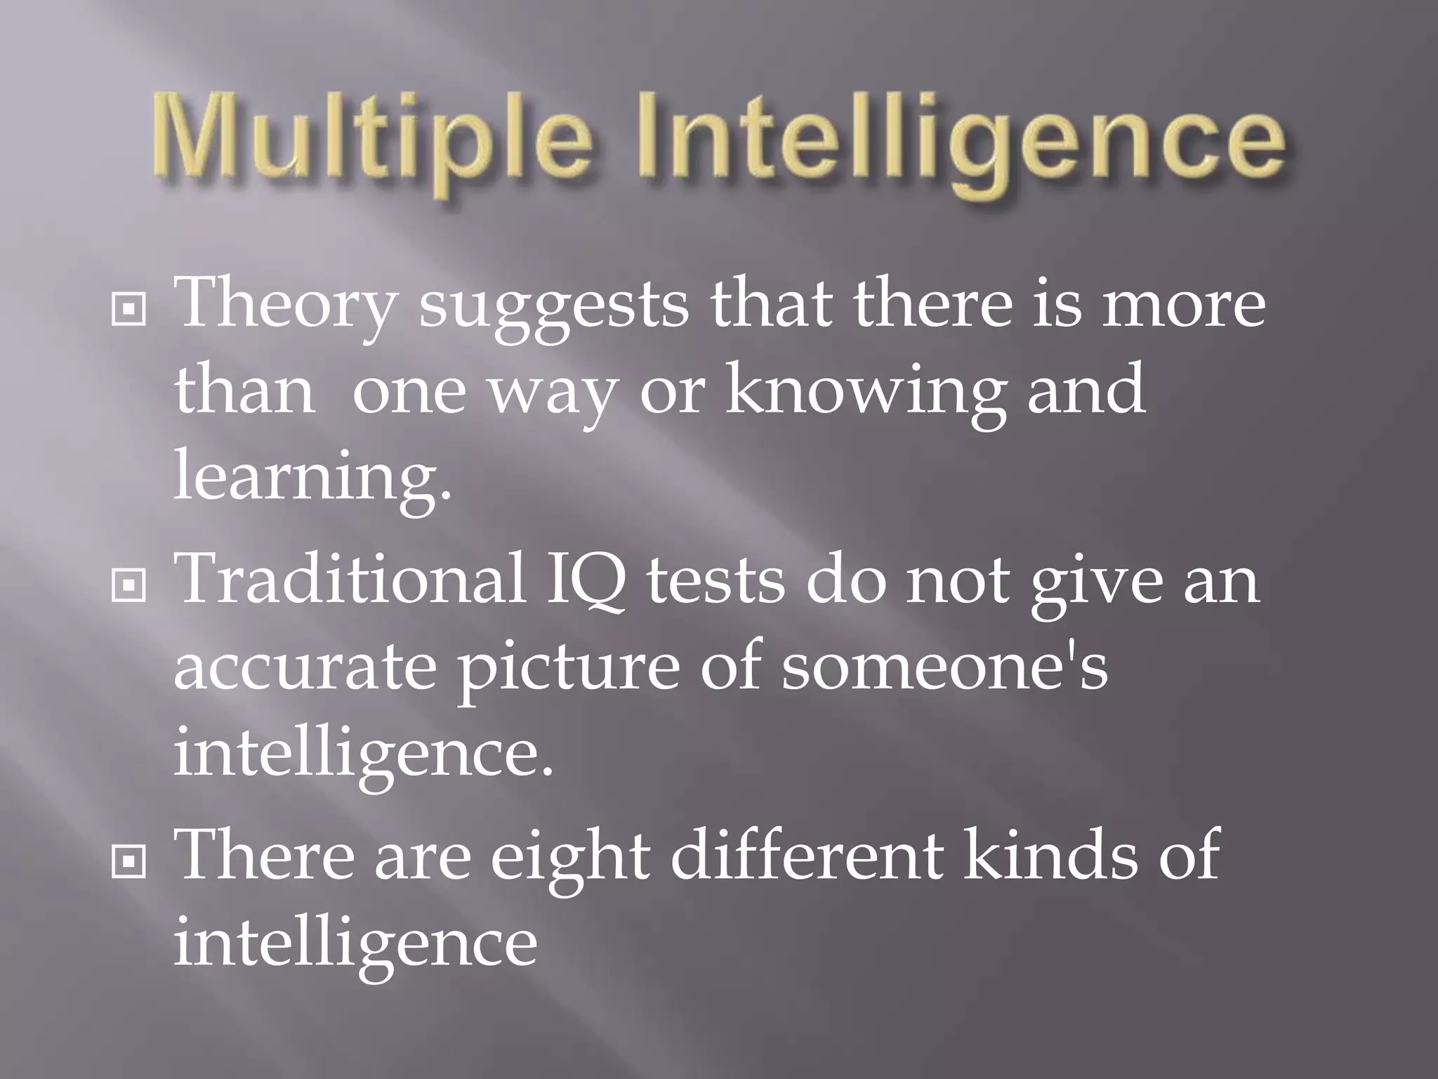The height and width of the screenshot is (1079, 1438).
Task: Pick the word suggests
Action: [x=554, y=309]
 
